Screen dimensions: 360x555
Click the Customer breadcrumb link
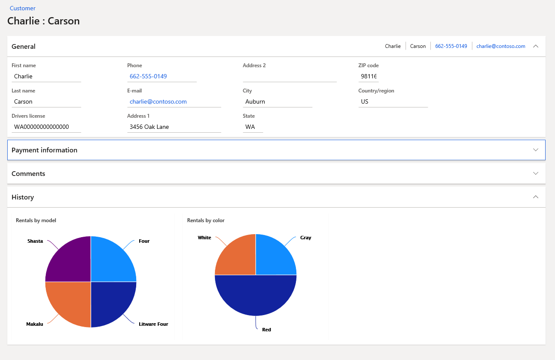23,8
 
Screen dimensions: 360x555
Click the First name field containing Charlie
46,77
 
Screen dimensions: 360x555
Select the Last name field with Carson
46,102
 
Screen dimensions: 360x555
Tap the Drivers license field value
46,127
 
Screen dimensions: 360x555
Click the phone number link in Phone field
148,77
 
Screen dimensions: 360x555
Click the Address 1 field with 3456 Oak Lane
174,127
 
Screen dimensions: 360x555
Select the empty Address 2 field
289,77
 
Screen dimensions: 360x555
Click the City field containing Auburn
277,102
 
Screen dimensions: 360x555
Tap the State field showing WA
253,127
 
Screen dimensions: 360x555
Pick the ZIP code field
368,77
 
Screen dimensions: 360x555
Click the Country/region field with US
393,102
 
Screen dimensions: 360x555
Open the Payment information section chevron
535,150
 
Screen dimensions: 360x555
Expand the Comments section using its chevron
535,173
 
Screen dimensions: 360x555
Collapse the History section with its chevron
535,197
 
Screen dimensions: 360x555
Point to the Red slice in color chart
256,298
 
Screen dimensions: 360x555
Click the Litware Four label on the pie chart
153,324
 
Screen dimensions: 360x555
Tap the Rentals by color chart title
206,220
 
